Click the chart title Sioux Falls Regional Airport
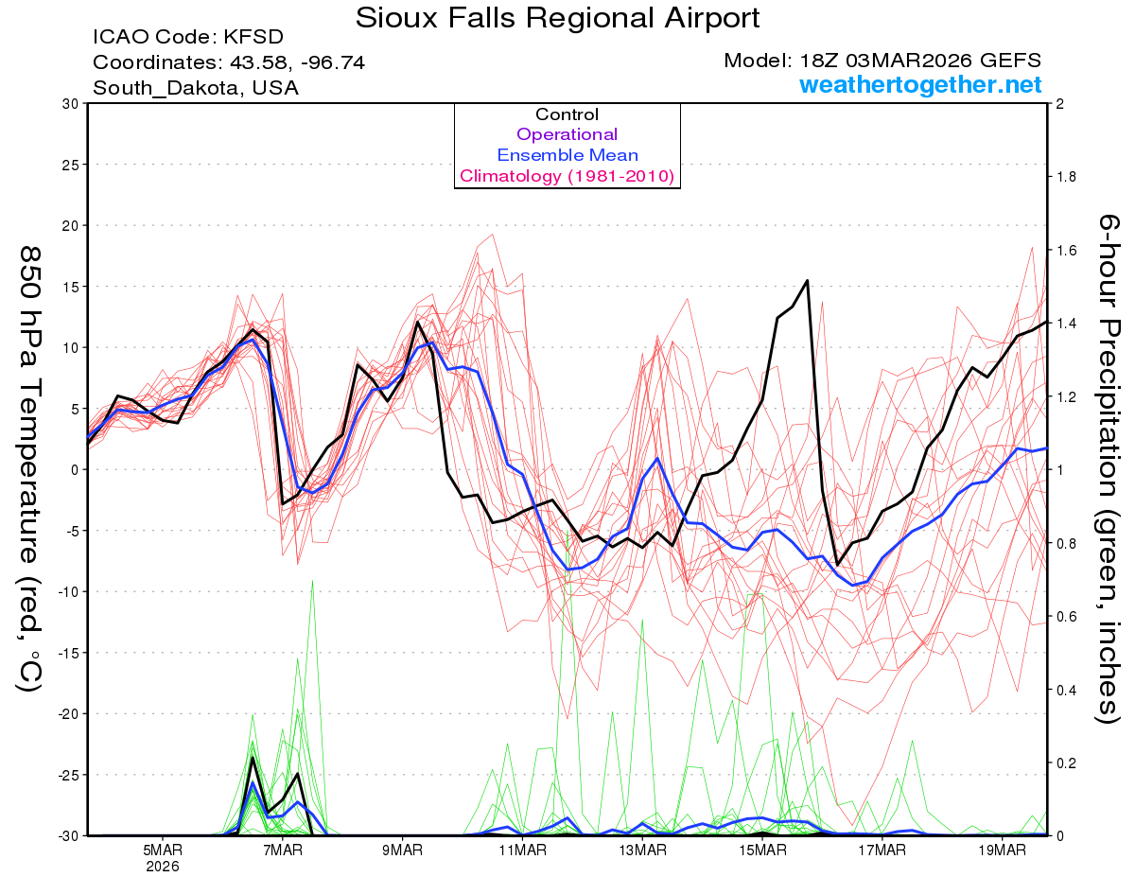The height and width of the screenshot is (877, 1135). click(x=557, y=17)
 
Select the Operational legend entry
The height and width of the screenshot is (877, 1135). click(x=567, y=134)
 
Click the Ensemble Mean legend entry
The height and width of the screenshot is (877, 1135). click(x=567, y=155)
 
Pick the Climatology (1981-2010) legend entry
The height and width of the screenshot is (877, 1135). click(x=567, y=176)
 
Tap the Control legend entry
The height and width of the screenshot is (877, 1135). click(x=567, y=114)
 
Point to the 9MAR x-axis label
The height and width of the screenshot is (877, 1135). click(x=402, y=850)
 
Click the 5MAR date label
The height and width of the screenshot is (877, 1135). click(x=162, y=850)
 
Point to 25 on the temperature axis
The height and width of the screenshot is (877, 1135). click(x=68, y=165)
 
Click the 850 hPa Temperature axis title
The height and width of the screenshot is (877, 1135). click(x=29, y=468)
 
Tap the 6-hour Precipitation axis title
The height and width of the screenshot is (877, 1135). click(x=1108, y=468)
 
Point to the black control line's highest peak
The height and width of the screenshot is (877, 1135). click(x=807, y=281)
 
